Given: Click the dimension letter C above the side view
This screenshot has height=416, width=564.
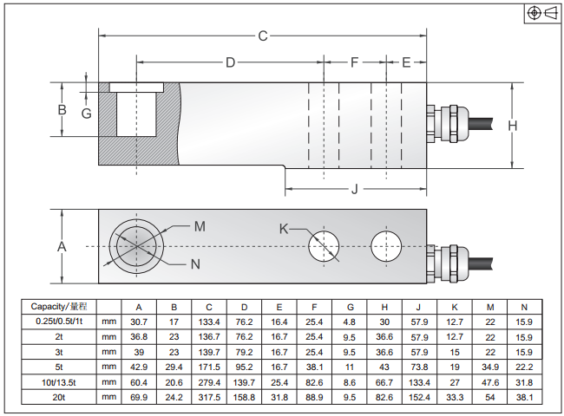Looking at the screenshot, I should pos(263,36).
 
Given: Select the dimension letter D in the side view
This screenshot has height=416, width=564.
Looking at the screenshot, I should pos(231,62).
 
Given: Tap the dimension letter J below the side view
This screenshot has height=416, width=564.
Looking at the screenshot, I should pos(355,189).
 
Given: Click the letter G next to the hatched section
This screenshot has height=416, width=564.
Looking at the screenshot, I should pos(86,114).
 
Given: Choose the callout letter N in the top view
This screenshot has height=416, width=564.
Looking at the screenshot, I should pos(194,263).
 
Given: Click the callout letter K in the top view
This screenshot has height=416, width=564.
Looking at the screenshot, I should pos(283,229).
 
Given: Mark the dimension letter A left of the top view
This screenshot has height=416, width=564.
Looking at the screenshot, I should pos(62,246).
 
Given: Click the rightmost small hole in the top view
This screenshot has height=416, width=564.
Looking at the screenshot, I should pos(386,246).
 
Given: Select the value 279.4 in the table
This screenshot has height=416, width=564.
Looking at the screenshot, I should pos(209,381).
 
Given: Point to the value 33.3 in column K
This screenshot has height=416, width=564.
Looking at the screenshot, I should pos(455,397).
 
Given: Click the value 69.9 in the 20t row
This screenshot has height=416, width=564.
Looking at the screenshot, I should pos(139,397).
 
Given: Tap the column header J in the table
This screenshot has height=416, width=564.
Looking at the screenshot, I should pos(419,307).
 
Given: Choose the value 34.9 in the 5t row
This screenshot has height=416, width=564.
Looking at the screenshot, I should pos(489,367).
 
